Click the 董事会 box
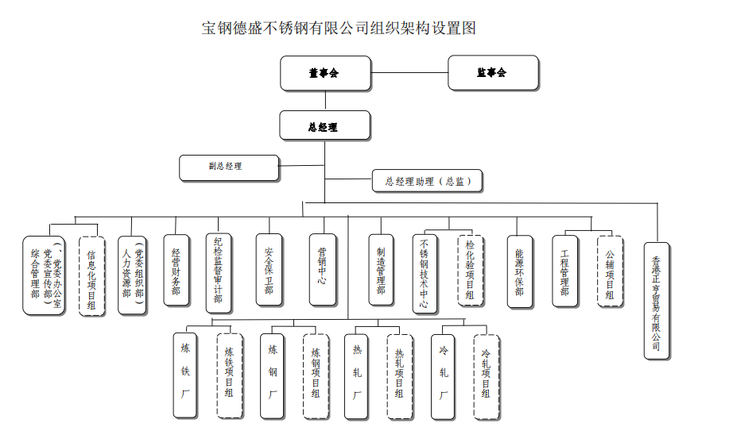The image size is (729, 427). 324,73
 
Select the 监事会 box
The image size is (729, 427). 493,72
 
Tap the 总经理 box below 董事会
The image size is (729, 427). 324,126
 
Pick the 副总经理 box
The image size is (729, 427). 229,167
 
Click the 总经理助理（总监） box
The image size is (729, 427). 427,181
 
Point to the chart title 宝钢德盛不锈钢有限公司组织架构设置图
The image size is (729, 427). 339,29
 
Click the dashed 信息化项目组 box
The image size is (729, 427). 92,275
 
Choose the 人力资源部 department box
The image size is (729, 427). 132,271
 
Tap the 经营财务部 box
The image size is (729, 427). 176,271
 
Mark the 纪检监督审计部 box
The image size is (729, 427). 218,271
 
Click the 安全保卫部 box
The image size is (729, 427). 269,270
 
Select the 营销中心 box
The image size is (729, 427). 322,270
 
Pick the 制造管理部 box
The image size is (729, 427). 381,270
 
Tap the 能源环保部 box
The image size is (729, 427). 519,270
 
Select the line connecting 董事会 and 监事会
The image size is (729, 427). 409,73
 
